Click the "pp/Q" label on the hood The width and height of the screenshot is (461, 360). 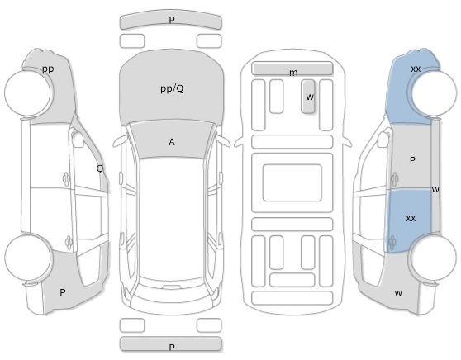click(173, 88)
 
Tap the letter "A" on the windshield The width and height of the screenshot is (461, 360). click(172, 142)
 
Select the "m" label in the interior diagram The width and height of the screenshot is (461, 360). click(293, 73)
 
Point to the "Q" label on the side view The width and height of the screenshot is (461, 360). click(100, 168)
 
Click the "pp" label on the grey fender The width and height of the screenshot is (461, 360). click(48, 69)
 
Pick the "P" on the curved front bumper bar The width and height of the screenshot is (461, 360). click(172, 20)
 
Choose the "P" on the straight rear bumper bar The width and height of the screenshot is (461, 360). click(172, 348)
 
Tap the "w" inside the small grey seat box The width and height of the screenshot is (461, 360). click(310, 97)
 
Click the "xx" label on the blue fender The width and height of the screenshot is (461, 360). click(416, 69)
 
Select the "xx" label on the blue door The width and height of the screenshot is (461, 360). click(411, 218)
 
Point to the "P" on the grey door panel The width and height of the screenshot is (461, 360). click(412, 160)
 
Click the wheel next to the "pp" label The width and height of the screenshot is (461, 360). click(28, 92)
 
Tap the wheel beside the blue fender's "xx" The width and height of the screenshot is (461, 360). click(435, 92)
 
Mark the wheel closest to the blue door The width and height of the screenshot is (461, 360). click(434, 258)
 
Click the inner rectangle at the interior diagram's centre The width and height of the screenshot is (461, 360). click(292, 182)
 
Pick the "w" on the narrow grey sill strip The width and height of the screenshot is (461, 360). click(435, 190)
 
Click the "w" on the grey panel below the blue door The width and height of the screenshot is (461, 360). click(398, 292)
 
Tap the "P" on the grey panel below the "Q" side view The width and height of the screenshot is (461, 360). click(62, 292)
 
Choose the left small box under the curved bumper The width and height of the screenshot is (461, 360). click(132, 40)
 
